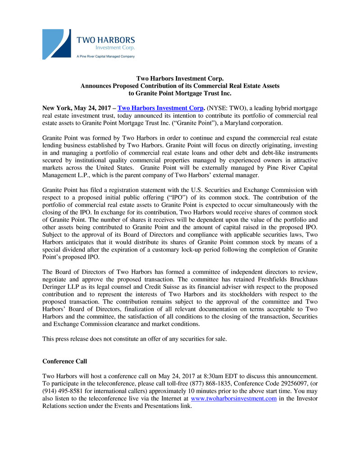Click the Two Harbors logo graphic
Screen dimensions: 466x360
coord(56,44)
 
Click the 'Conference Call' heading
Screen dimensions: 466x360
coord(64,361)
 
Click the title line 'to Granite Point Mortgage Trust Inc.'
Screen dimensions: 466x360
coord(180,93)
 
